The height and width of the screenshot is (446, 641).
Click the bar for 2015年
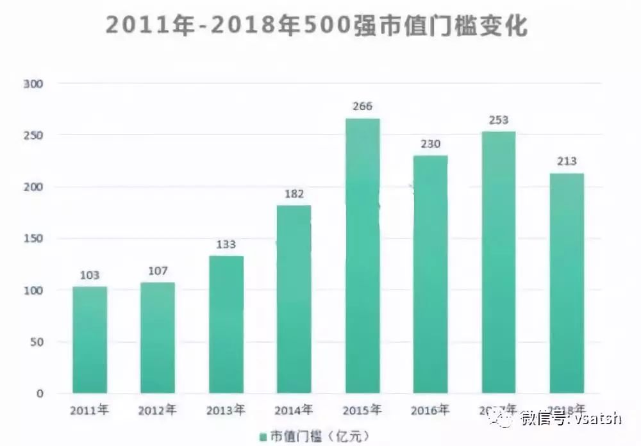[362, 256]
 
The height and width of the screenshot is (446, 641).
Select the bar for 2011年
[90, 340]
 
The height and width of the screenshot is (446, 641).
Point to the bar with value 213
[567, 283]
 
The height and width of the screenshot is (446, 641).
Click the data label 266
[362, 106]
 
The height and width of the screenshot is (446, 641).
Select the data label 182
[294, 194]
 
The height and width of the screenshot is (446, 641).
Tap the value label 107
[158, 271]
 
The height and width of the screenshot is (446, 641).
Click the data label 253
[498, 120]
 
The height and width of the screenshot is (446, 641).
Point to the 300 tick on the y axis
[32, 84]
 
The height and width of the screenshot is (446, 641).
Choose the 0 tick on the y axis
[39, 394]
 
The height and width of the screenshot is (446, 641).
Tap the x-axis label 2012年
[158, 410]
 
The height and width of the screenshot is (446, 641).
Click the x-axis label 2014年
[294, 410]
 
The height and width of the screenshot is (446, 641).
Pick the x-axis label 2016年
[430, 410]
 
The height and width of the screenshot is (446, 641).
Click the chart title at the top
[317, 27]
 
